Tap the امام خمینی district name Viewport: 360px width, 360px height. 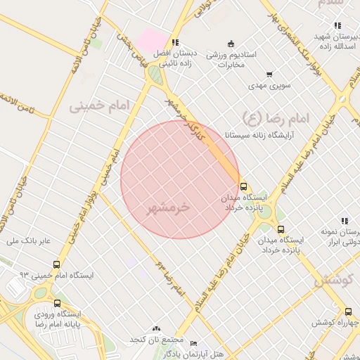100,107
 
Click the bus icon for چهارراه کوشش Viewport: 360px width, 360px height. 348,311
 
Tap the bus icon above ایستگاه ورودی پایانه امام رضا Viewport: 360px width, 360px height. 57,303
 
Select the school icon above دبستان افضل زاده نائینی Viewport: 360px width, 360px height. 174,42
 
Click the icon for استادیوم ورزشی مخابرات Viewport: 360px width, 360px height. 232,44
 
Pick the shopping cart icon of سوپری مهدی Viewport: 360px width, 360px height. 269,75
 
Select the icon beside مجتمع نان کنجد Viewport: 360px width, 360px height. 156,328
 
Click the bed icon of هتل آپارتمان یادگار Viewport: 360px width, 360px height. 194,344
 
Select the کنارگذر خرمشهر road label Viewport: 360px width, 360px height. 184,116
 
